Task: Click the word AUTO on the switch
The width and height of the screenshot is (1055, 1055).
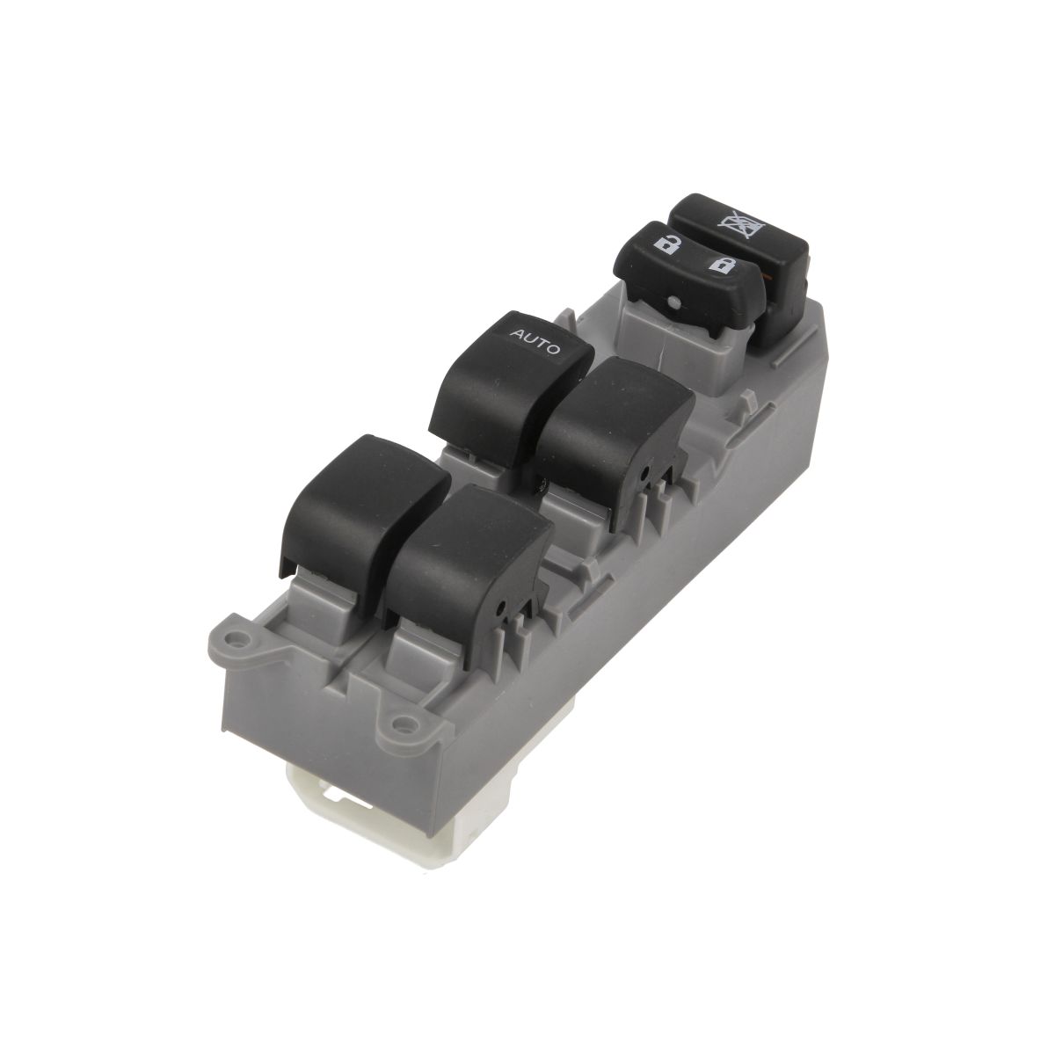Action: pyautogui.click(x=535, y=340)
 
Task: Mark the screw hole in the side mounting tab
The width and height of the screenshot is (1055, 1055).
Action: pyautogui.click(x=404, y=724)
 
